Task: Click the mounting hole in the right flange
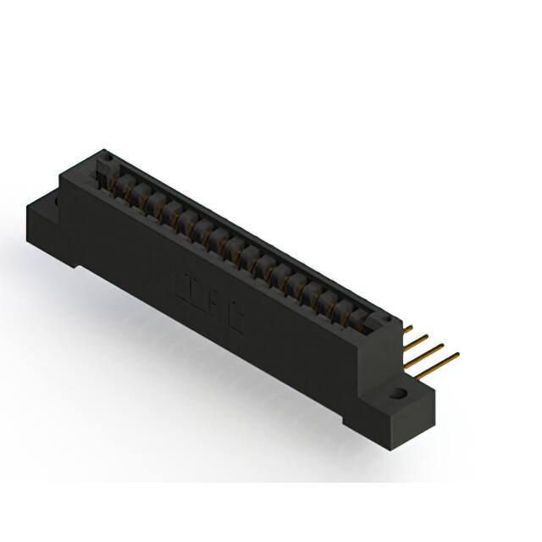[x=396, y=393]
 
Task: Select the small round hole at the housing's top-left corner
[x=105, y=156]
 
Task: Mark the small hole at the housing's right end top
[x=388, y=320]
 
